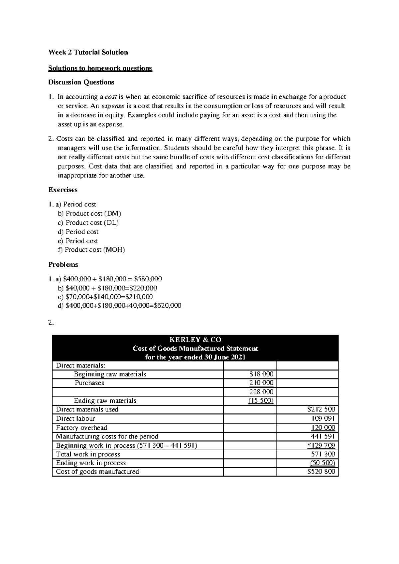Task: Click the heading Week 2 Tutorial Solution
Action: tap(88, 52)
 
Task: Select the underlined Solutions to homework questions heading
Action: tap(100, 69)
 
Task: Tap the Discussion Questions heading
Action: tap(81, 82)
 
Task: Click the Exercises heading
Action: tap(63, 190)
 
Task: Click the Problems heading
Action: tap(63, 265)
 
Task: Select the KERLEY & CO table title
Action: tap(195, 340)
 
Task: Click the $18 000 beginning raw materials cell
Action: tap(261, 374)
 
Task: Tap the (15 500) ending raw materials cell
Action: tap(261, 401)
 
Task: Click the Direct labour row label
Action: tap(75, 419)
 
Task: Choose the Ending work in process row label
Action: tap(91, 463)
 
